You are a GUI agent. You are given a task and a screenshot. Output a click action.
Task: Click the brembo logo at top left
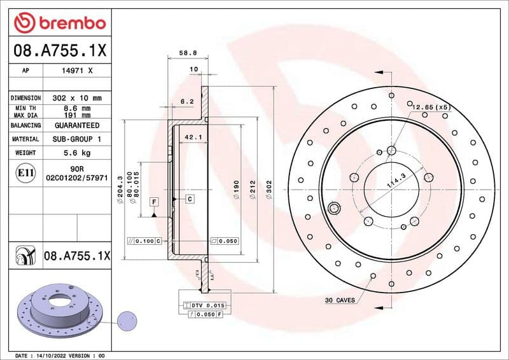[x=59, y=23]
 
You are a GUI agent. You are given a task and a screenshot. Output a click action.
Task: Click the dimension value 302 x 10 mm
[x=77, y=99]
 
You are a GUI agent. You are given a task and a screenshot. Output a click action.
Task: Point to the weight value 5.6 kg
[x=77, y=153]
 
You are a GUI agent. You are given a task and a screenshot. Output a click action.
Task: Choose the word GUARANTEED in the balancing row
[x=77, y=126]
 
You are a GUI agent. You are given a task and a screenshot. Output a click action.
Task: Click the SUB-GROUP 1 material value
[x=77, y=139]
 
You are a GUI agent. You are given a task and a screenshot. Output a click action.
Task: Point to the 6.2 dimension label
[x=187, y=101]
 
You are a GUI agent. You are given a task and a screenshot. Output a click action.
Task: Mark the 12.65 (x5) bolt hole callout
[x=430, y=107]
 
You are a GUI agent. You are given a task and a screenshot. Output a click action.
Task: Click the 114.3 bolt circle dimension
[x=396, y=184]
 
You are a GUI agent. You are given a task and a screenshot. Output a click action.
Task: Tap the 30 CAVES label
[x=340, y=300]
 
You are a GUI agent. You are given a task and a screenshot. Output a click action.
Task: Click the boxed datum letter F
[x=153, y=202]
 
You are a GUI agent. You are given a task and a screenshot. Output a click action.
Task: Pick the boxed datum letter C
[x=190, y=199]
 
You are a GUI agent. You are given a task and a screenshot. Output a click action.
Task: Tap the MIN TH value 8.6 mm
[x=77, y=109]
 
